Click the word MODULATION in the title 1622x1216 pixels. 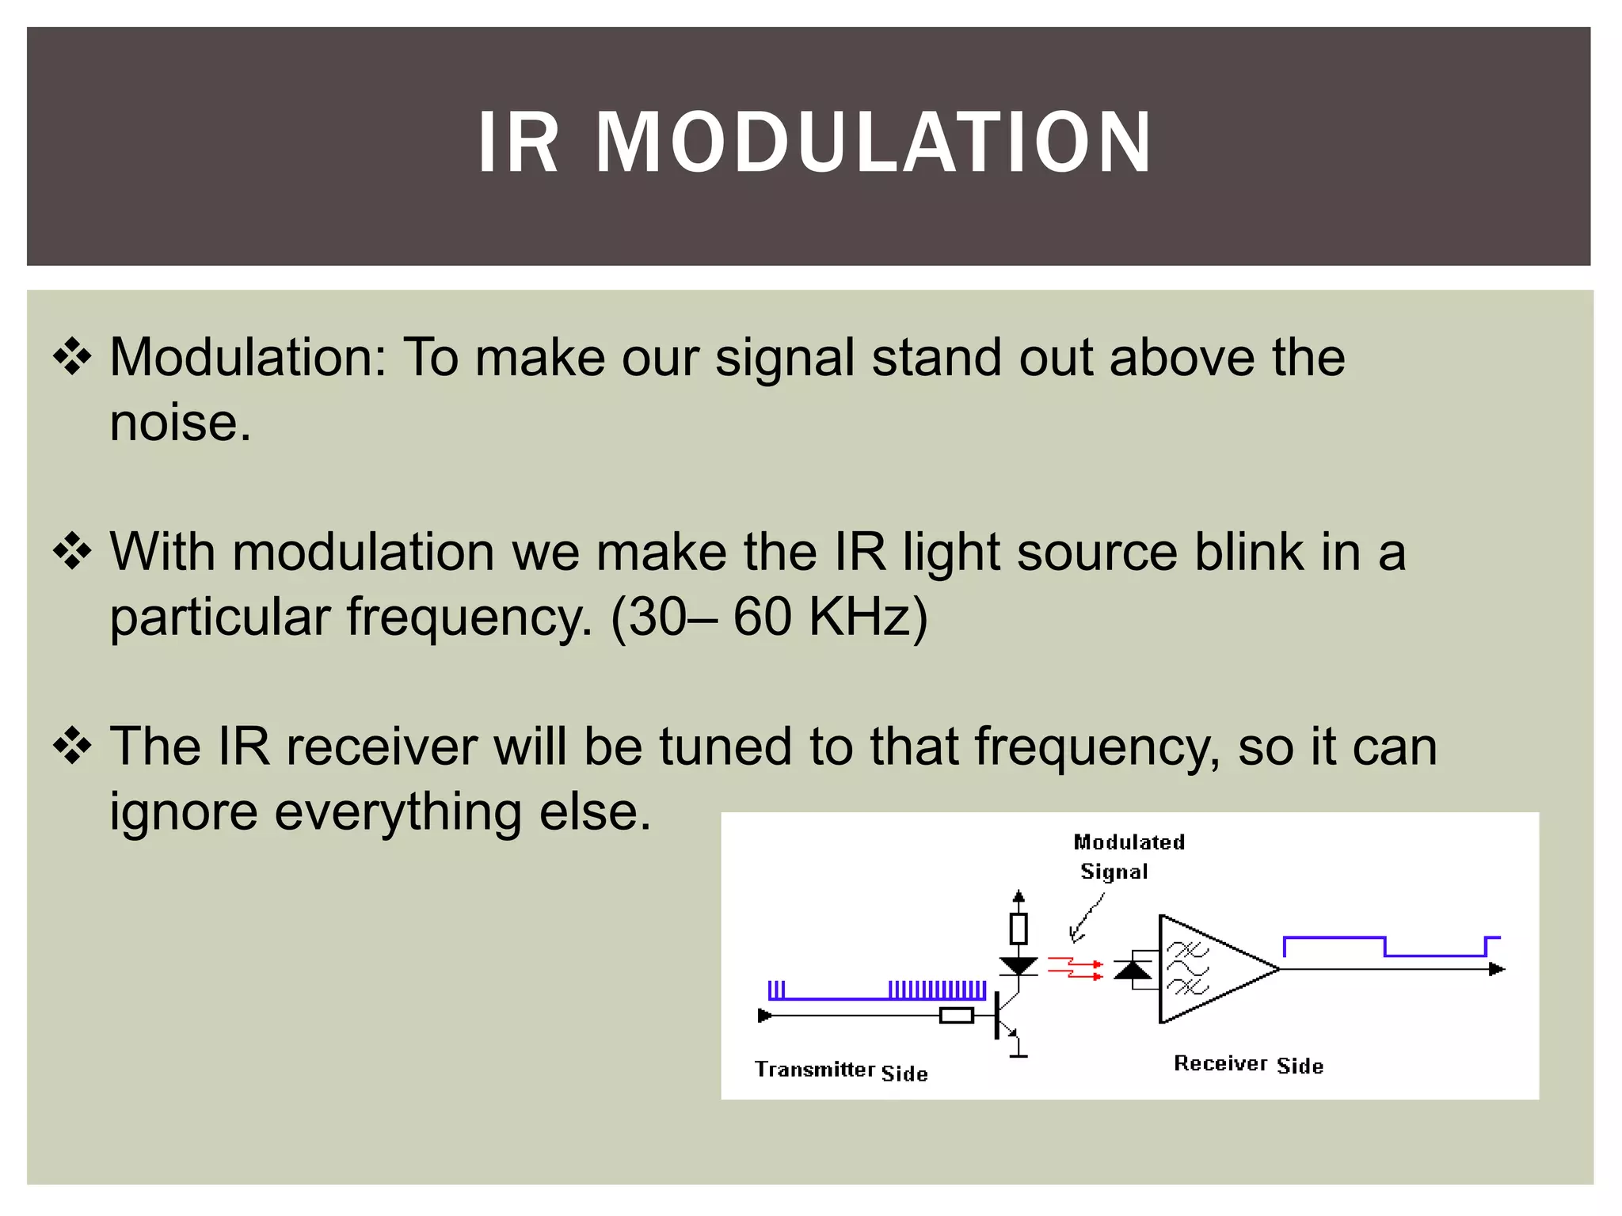click(873, 143)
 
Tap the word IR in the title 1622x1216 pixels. click(519, 143)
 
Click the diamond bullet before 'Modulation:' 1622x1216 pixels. click(72, 356)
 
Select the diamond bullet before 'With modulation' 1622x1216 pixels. click(72, 551)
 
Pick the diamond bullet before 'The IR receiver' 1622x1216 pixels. click(72, 746)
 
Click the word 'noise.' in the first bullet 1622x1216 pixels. click(180, 423)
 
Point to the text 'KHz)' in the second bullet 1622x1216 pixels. click(867, 617)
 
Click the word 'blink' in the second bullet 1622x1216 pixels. click(1248, 552)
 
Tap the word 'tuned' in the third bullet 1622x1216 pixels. click(725, 747)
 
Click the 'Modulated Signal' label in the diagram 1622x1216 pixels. click(1128, 857)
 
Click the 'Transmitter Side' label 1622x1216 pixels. click(840, 1071)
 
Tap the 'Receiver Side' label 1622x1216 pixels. click(1248, 1065)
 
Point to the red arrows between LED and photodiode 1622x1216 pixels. click(1075, 968)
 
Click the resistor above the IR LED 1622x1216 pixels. click(1019, 928)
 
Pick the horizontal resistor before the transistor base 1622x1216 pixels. click(956, 1016)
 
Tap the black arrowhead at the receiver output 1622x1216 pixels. click(1496, 969)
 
